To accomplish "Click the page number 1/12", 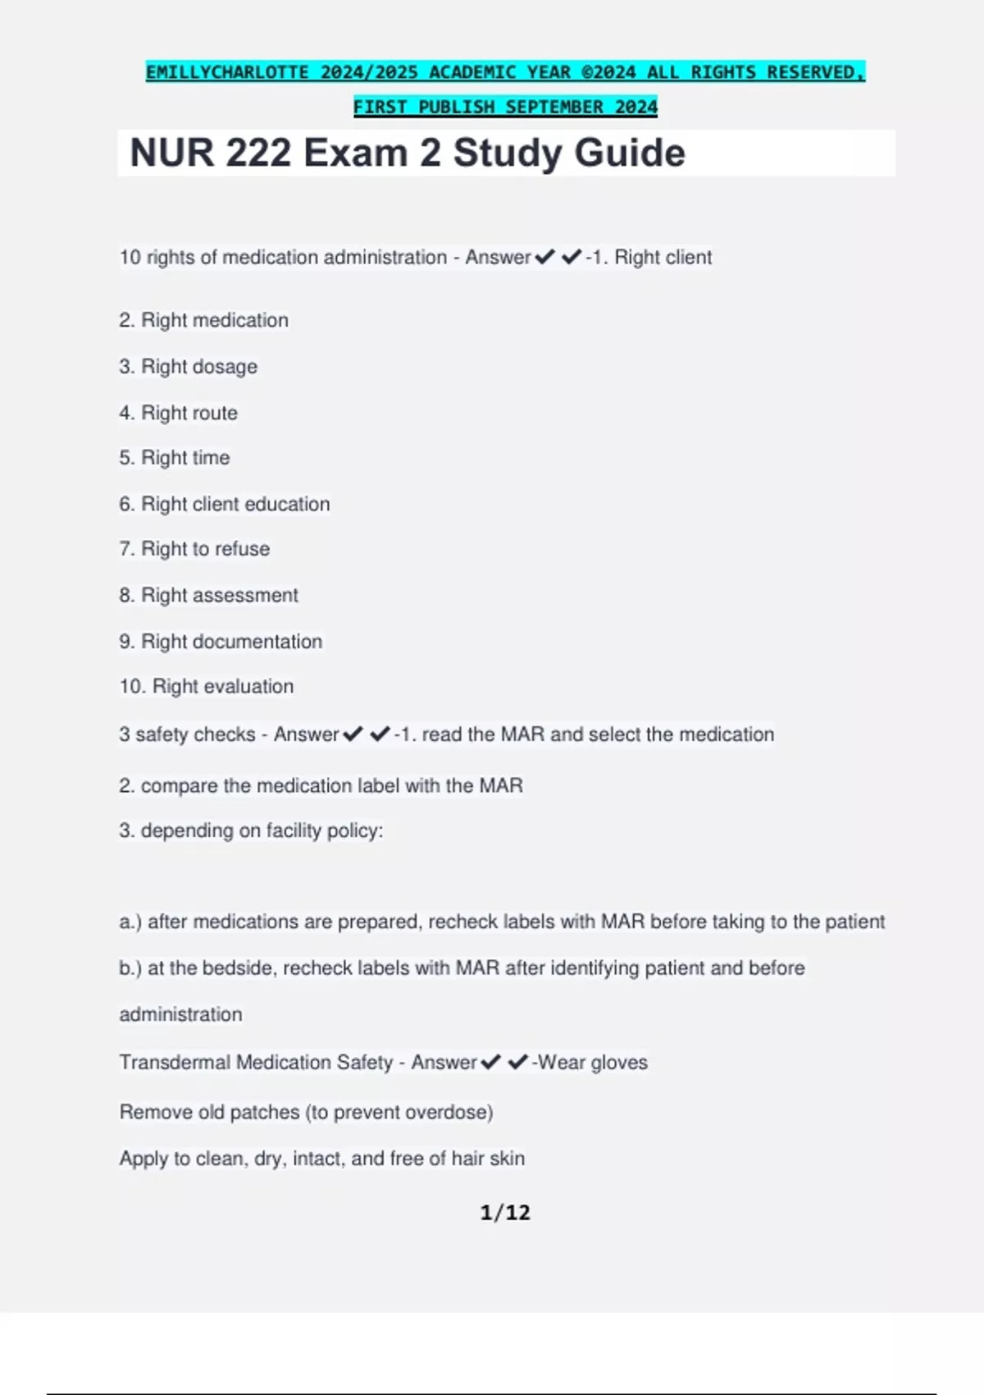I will [x=505, y=1212].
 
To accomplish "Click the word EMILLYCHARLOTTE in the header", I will [x=227, y=72].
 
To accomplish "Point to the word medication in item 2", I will [x=242, y=320].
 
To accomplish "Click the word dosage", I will [x=225, y=367].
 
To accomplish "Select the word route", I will [x=214, y=413].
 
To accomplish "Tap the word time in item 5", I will [x=211, y=458].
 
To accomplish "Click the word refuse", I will [x=243, y=549].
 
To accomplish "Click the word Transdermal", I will [x=175, y=1063].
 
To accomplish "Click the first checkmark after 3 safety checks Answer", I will [x=353, y=734].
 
